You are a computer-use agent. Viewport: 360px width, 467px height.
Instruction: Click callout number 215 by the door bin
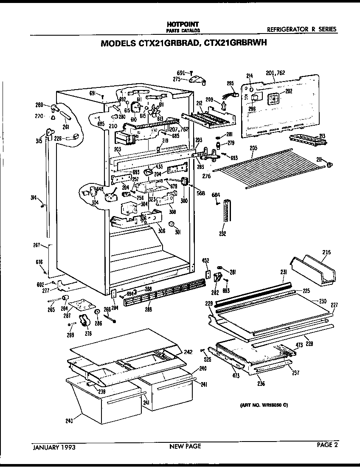click(326, 252)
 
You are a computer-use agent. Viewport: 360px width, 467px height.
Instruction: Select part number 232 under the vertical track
click(222, 233)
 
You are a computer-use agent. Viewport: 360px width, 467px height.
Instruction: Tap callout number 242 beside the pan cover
click(188, 352)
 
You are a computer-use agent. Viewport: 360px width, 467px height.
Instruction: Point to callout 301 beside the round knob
click(178, 232)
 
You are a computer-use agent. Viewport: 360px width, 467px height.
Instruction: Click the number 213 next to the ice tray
click(322, 136)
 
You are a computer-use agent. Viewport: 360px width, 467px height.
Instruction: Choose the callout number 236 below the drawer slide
click(261, 384)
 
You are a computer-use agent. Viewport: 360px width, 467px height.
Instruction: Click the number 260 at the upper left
click(39, 104)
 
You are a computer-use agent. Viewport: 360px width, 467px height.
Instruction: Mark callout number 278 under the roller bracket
click(88, 333)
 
